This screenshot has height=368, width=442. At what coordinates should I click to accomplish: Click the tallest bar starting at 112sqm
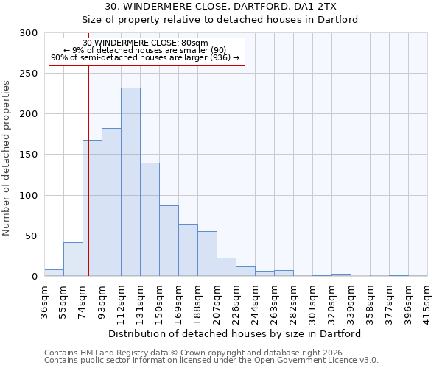[x=130, y=182]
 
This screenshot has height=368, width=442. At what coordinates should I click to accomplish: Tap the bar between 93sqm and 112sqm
[x=111, y=202]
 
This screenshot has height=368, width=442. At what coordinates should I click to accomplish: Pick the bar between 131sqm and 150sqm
[x=150, y=219]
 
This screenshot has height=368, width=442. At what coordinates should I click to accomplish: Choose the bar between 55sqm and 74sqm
[x=73, y=259]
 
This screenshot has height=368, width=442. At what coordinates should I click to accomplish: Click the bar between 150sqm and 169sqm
[x=169, y=241]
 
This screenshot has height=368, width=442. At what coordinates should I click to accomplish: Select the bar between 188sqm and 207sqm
[x=207, y=254]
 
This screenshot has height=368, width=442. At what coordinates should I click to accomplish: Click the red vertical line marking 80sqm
[x=88, y=184]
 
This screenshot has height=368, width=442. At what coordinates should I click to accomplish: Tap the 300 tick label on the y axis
[x=29, y=33]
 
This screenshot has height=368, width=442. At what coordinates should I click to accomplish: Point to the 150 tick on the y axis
[x=29, y=155]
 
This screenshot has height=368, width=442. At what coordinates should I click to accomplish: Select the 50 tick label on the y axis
[x=32, y=236]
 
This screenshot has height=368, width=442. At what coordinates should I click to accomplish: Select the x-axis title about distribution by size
[x=234, y=333]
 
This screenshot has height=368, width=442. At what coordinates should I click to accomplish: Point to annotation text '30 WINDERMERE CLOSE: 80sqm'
[x=146, y=43]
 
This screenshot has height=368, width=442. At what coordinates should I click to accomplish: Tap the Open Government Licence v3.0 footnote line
[x=211, y=361]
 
